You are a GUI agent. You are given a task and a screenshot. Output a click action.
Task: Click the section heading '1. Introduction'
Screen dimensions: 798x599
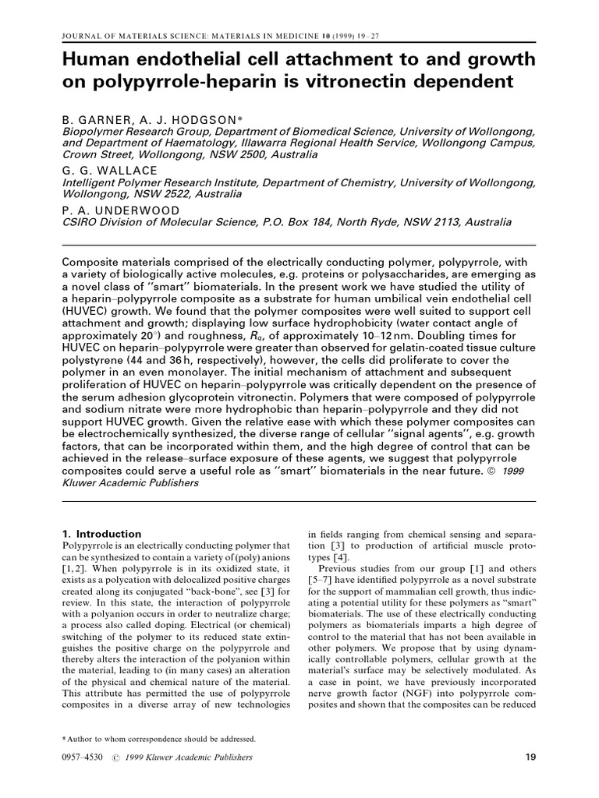(101, 534)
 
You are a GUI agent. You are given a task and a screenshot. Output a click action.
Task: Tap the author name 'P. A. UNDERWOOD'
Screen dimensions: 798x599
(121, 210)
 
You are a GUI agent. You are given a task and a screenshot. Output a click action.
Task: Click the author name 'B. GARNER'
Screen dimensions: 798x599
(99, 121)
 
